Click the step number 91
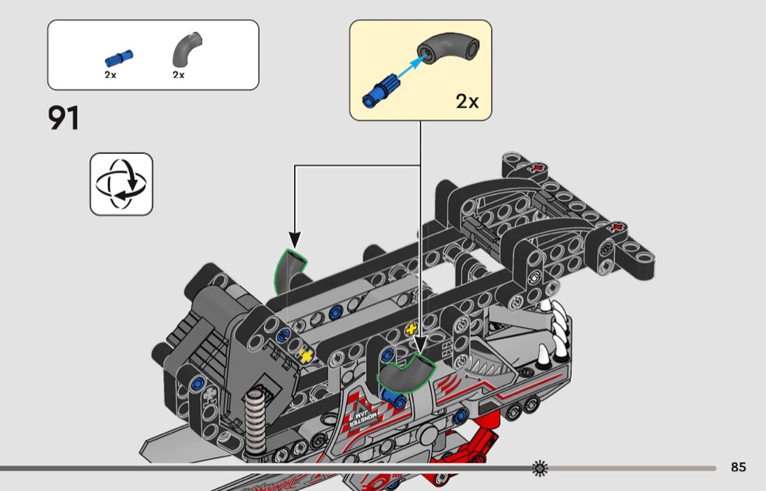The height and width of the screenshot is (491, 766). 63,118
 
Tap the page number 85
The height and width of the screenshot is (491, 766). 738,467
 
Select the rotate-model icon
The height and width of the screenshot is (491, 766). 121,184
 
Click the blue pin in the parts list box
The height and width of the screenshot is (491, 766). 119,58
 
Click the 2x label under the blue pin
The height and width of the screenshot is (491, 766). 110,74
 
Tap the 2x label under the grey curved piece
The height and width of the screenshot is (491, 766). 178,74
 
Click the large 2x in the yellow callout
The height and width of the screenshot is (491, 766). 467,101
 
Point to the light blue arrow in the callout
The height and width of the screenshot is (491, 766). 411,67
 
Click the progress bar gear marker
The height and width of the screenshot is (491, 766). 540,468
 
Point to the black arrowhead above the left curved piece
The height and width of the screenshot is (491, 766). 295,239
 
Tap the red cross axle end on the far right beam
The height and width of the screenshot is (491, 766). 617,228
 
